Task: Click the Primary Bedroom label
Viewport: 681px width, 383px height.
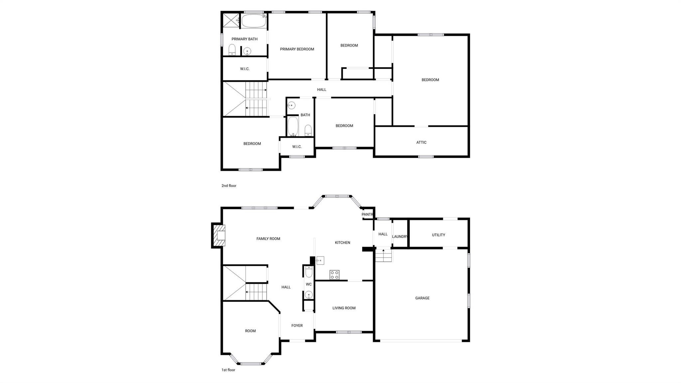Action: (x=297, y=49)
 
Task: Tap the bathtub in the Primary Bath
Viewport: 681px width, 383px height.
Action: (x=253, y=21)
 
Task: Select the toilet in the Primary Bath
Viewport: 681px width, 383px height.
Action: (x=232, y=50)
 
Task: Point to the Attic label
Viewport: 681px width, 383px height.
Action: (x=421, y=142)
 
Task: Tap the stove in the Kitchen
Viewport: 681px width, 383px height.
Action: (x=335, y=275)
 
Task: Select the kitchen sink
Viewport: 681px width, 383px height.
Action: (x=320, y=261)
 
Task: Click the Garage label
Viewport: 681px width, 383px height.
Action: (x=422, y=298)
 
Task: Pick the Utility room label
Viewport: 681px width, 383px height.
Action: (x=438, y=235)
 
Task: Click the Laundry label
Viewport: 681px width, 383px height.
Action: (x=400, y=237)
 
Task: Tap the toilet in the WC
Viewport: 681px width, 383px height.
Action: (x=309, y=272)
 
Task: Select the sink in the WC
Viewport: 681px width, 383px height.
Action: (x=309, y=295)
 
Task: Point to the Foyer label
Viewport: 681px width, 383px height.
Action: (x=297, y=326)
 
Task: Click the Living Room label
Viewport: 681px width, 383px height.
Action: (x=344, y=308)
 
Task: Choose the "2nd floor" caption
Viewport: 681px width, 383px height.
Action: (x=229, y=186)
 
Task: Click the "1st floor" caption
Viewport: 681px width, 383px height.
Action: (x=228, y=370)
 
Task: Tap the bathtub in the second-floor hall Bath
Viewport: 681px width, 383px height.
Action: (x=293, y=126)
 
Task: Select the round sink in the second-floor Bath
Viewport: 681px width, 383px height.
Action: (x=291, y=105)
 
